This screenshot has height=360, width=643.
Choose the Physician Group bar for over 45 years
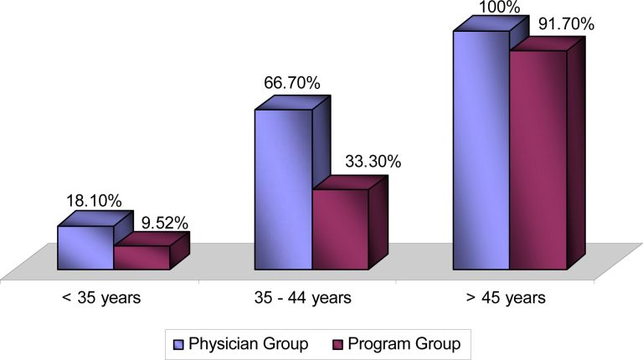481,151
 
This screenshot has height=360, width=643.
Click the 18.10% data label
94,201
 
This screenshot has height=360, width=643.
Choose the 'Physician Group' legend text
249,343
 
